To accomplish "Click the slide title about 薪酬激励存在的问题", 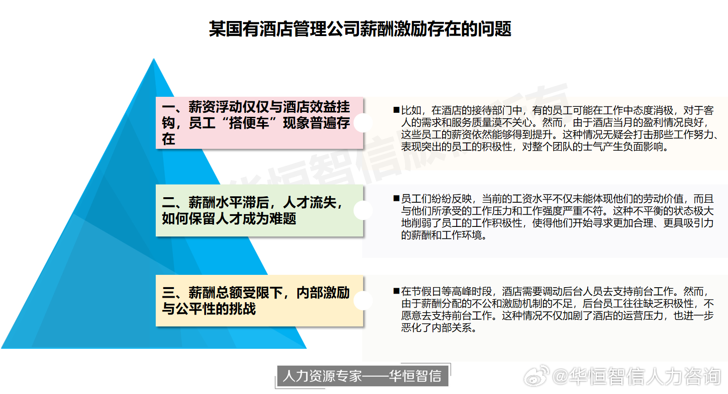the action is (x=360, y=29).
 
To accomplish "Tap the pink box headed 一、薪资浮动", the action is (x=259, y=123).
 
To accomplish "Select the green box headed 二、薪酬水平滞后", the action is (x=259, y=210).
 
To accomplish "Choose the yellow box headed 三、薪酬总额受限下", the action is (x=259, y=300).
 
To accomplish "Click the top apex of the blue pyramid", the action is (x=154, y=58).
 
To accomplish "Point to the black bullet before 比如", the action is (x=396, y=110).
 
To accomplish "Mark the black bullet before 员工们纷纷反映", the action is (x=396, y=198).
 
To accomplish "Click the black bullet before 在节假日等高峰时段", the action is (x=396, y=291).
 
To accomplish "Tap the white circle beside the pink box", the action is (x=363, y=123).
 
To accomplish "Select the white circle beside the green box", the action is (x=363, y=210).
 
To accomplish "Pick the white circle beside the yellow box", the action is (x=363, y=300).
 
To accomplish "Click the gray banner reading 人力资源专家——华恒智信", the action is (x=362, y=376).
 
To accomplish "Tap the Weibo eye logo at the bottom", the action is (x=536, y=376).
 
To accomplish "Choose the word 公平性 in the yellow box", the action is (x=209, y=309).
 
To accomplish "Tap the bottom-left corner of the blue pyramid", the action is (x=1, y=348).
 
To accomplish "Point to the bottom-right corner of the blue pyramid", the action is (x=306, y=348).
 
